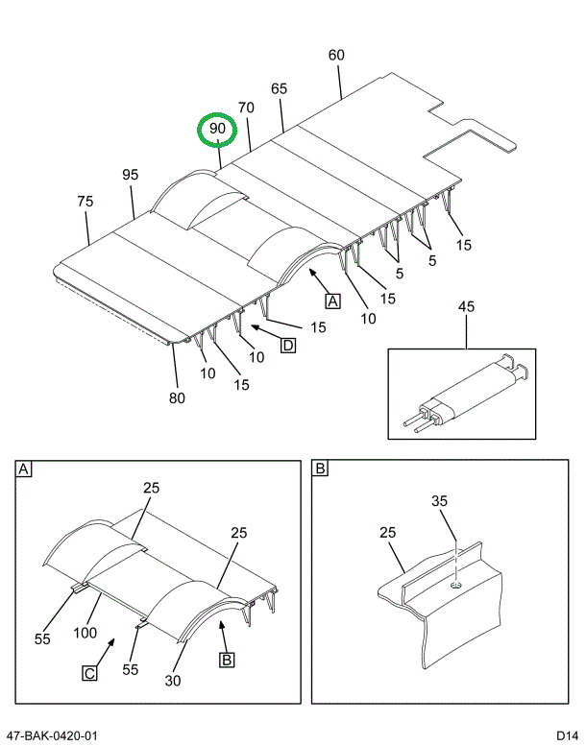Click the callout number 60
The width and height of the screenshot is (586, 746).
pos(336,56)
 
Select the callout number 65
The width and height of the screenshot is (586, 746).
pos(279,89)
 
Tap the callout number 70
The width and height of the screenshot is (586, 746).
pos(246,108)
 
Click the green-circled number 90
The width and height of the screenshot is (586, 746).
pos(217,129)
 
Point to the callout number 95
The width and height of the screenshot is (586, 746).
pos(131,175)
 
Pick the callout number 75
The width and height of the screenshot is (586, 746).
pos(85,202)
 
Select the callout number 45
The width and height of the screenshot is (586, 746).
pos(466,307)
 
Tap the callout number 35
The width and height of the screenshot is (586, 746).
pos(439,501)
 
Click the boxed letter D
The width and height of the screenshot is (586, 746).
pos(287,346)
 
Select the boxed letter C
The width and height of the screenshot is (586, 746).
pos(88,674)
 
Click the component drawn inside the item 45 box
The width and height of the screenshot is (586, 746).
pos(466,394)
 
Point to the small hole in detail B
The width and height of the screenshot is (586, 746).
pos(454,583)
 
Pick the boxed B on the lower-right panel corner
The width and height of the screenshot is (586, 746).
pos(321,469)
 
